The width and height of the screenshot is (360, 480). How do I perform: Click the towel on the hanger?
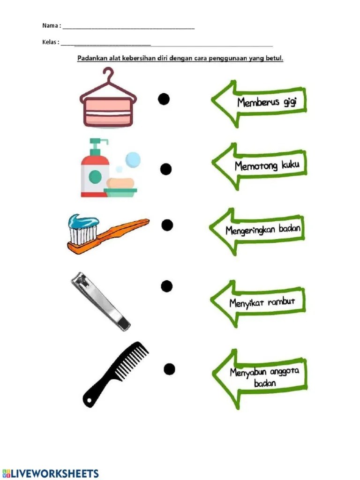(108, 112)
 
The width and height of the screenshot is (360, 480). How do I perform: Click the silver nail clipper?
(100, 302)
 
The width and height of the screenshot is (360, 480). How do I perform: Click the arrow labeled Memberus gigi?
(259, 104)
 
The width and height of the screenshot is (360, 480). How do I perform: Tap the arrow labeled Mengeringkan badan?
(257, 232)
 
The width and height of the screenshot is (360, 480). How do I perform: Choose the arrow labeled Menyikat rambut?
(258, 304)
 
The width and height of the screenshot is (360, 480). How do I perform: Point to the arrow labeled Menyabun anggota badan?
(260, 378)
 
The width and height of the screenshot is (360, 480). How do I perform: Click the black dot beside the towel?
(164, 99)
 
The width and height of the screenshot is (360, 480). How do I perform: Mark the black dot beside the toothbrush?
(167, 225)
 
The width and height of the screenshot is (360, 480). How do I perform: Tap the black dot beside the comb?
(169, 369)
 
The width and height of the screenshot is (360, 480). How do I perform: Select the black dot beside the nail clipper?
(166, 286)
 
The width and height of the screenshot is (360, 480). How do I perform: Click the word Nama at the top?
(50, 25)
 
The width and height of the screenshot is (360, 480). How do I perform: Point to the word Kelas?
(49, 42)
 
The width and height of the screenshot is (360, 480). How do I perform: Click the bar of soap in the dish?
(120, 183)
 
